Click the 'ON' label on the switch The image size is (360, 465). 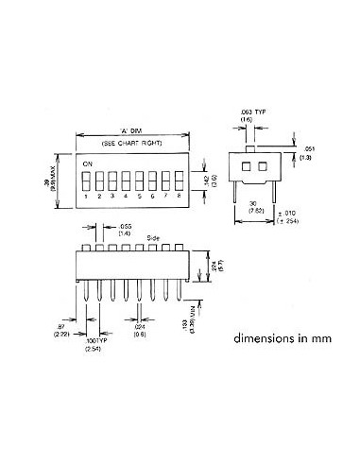click(87, 164)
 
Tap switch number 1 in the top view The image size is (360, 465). click(87, 179)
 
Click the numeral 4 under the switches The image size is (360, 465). click(125, 197)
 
